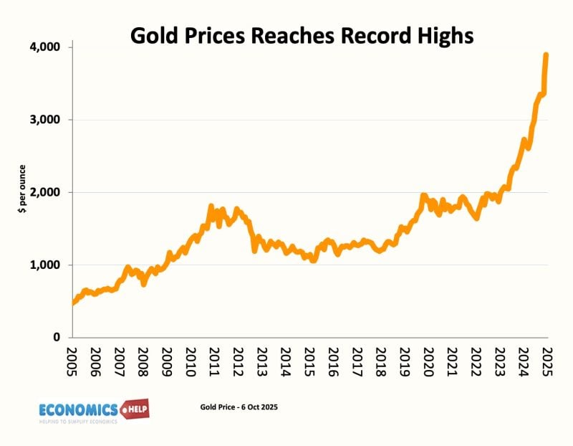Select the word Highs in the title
pyautogui.click(x=441, y=35)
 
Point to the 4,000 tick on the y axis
pyautogui.click(x=45, y=47)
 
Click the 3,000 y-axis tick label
pyautogui.click(x=45, y=120)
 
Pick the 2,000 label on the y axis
pyautogui.click(x=45, y=192)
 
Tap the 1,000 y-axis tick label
pyautogui.click(x=45, y=265)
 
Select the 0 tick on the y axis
pyautogui.click(x=55, y=338)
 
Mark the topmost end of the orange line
pyautogui.click(x=546, y=54)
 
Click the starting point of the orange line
pyautogui.click(x=74, y=303)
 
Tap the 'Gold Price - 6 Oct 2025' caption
pyautogui.click(x=239, y=407)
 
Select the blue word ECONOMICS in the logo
pyautogui.click(x=79, y=409)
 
